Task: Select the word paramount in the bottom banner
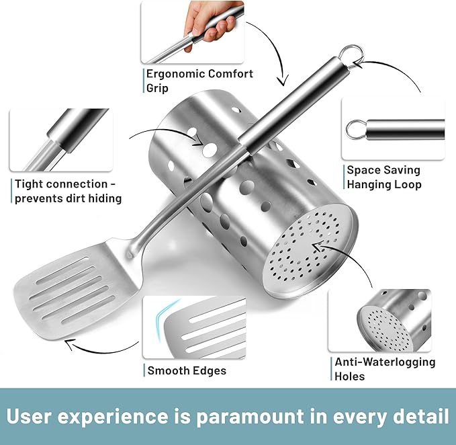tap(250, 417)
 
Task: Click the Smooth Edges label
tap(187, 370)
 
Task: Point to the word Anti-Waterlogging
tap(385, 362)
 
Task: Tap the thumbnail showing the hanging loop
tap(393, 128)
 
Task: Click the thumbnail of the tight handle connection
tap(61, 140)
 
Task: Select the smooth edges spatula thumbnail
tap(194, 327)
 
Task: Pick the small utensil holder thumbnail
tap(379, 321)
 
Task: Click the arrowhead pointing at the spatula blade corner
tap(70, 343)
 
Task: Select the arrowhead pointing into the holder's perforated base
tap(318, 246)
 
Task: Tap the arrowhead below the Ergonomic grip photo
tap(282, 81)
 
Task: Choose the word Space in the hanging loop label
tap(362, 170)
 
